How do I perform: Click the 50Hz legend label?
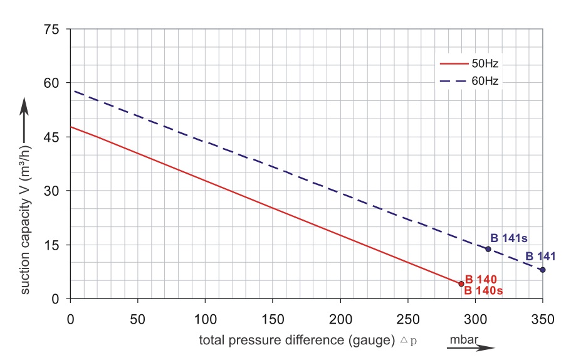[486, 63]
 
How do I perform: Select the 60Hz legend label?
[486, 80]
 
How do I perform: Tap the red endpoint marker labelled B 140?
[461, 284]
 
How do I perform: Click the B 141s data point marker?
[488, 249]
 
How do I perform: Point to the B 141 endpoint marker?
[542, 270]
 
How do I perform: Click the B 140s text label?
[484, 290]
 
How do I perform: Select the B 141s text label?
[509, 238]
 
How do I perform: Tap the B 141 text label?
[540, 257]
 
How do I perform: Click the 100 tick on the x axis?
[206, 319]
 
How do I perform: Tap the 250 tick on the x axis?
[408, 319]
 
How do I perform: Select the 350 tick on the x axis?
[543, 319]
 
